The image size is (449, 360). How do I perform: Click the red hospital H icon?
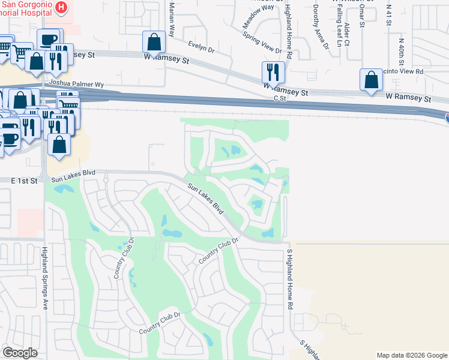click(x=61, y=8)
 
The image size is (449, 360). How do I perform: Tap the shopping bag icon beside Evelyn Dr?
click(x=154, y=42)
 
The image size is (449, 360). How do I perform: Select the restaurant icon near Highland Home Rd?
click(x=273, y=72)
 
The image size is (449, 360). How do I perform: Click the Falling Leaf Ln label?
click(x=339, y=30)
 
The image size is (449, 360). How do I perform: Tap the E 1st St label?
click(x=24, y=180)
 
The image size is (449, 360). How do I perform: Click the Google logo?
click(x=20, y=353)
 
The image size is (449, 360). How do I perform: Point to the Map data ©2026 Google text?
click(x=411, y=355)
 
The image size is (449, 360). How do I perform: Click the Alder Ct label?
click(x=348, y=33)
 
